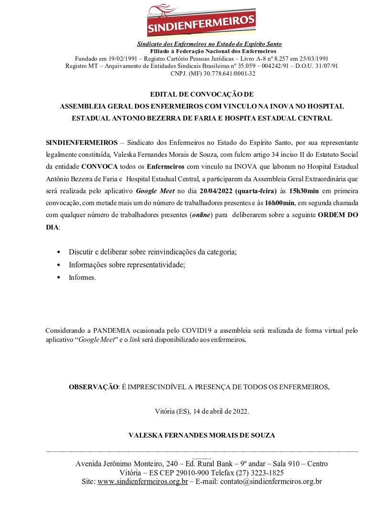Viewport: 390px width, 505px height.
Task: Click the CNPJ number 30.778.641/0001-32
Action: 229,73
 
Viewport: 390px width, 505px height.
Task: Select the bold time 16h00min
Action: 280,203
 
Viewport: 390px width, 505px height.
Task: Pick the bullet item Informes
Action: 82,277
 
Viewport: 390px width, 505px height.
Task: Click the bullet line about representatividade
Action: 127,264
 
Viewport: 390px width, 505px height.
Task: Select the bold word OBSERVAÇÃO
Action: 94,387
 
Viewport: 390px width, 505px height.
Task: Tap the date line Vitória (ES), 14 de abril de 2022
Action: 202,411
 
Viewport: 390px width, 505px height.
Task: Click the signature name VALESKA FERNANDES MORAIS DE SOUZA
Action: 202,435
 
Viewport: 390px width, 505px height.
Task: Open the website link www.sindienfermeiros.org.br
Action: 142,482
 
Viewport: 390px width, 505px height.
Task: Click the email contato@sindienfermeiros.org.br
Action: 271,482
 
